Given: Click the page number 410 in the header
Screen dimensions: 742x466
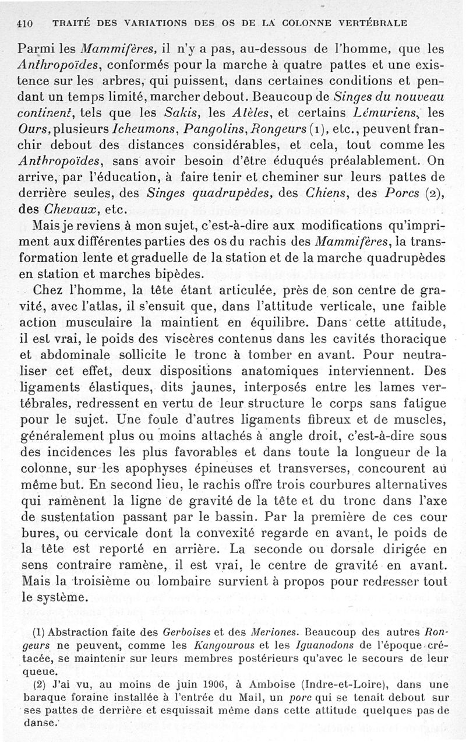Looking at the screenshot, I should [x=23, y=24].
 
